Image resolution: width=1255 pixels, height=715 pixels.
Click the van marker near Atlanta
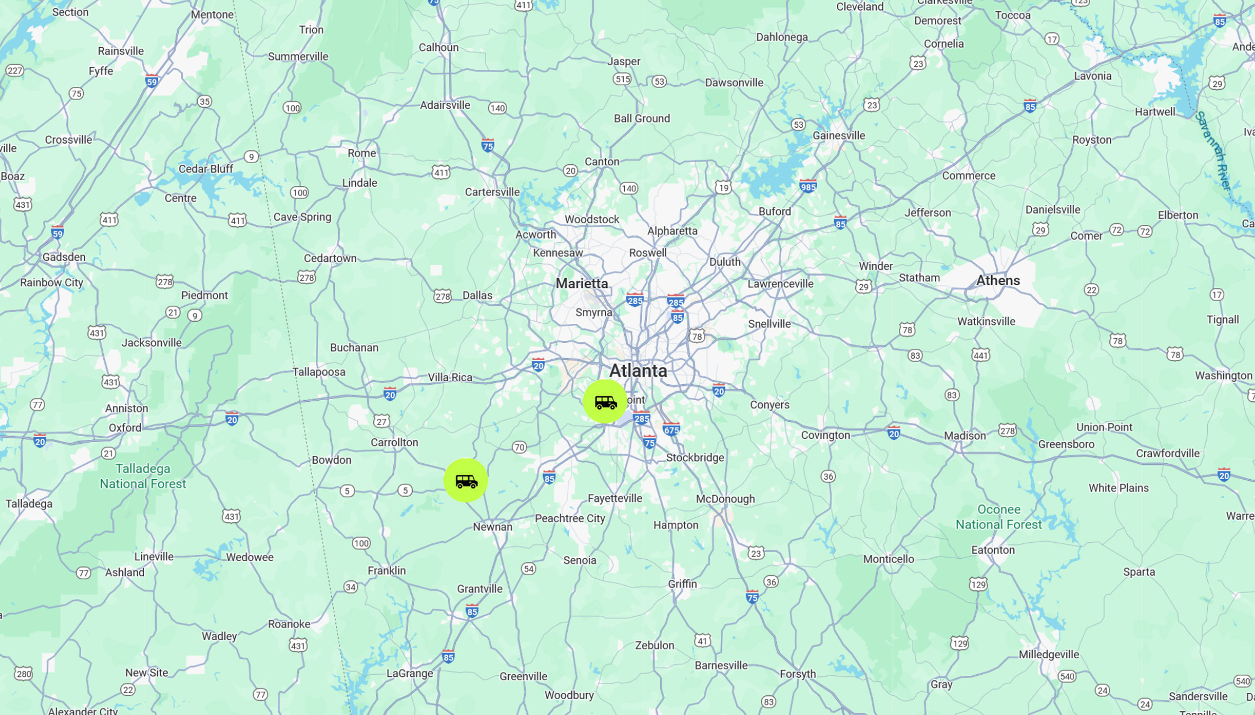(605, 401)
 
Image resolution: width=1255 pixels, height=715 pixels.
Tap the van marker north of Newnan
(465, 480)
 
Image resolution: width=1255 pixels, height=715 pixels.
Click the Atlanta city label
(638, 370)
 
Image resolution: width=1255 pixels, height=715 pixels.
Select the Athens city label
(997, 280)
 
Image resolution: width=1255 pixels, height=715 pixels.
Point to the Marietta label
(581, 284)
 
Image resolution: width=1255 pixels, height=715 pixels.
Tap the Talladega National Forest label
(143, 476)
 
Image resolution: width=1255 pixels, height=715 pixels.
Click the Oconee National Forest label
(998, 517)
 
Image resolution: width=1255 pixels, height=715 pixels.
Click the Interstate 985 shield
(808, 186)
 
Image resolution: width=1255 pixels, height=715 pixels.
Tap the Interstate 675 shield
(671, 429)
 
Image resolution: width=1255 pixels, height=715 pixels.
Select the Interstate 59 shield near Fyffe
(152, 81)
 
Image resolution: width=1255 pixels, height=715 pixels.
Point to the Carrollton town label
(394, 442)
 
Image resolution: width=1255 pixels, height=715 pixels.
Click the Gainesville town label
(838, 135)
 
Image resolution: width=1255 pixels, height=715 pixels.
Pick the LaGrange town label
(410, 673)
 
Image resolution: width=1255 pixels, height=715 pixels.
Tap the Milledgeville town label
(1048, 654)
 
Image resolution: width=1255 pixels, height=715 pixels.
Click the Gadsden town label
(64, 257)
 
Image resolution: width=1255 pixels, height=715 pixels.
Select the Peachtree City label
(570, 518)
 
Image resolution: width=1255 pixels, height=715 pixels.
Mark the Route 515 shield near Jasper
(622, 79)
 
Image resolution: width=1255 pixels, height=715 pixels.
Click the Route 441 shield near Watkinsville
(980, 355)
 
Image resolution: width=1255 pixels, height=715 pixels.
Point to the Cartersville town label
(492, 192)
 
